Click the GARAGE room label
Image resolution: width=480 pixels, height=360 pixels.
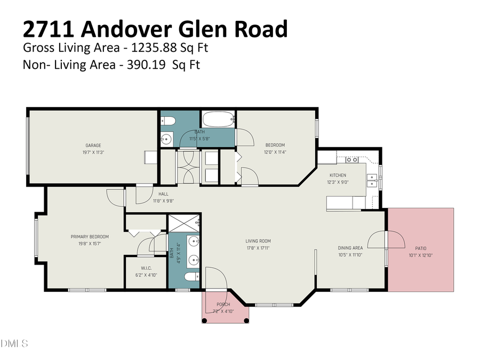coord(93,145)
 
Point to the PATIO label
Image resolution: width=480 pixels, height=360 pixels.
coord(421,248)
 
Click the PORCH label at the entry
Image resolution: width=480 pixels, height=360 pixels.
coord(223,305)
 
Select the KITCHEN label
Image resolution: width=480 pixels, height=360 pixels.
coord(338,175)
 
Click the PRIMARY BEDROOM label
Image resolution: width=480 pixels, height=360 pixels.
coord(90,237)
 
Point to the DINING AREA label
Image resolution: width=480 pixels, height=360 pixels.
coord(350,247)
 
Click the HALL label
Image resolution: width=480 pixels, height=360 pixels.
coord(163,194)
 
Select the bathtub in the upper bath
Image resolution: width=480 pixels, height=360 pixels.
coord(218,118)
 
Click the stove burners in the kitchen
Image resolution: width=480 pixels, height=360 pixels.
coord(351,159)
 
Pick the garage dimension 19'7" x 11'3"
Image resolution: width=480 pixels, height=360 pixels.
coord(93,152)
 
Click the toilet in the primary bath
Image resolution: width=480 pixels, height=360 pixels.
coord(191,276)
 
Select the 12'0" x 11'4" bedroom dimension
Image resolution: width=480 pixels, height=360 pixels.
coord(275,152)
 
